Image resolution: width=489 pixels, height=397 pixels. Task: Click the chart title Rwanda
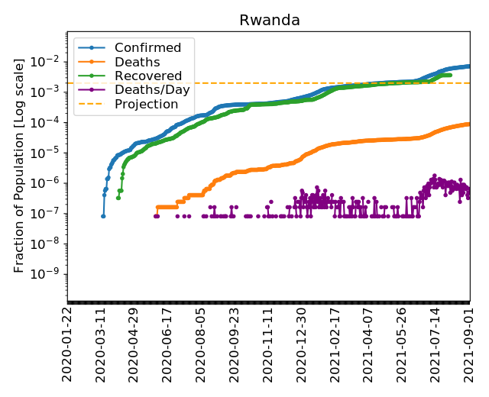point(269,20)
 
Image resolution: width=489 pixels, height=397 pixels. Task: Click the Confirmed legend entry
point(147,48)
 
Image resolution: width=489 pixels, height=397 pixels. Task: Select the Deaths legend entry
point(137,62)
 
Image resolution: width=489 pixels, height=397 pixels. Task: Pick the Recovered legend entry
point(148,76)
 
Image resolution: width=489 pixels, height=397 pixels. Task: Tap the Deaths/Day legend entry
point(152,90)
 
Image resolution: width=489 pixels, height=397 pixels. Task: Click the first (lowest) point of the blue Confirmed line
point(103,216)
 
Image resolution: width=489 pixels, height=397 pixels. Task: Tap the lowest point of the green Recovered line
point(118,198)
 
